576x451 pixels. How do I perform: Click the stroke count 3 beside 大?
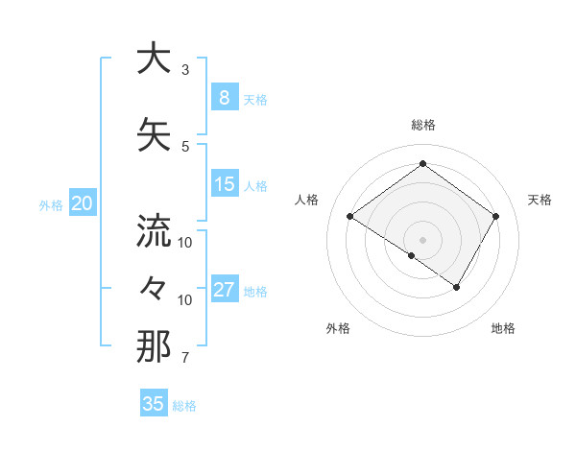[185, 70]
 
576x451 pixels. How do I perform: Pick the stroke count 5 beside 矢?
[185, 146]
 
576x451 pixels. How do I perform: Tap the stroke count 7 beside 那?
[185, 358]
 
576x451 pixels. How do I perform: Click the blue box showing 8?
[224, 98]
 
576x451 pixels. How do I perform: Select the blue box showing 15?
[224, 184]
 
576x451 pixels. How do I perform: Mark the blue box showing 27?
[224, 290]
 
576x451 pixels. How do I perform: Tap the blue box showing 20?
[83, 203]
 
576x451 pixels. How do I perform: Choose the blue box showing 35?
[153, 404]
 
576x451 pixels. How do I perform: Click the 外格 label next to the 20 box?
[51, 204]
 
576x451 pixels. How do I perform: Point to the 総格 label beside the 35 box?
[184, 406]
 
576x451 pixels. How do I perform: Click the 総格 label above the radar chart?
[423, 125]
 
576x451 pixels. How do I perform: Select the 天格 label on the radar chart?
[540, 200]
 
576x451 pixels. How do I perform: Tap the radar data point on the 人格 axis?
[350, 217]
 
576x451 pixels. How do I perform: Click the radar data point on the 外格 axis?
[412, 256]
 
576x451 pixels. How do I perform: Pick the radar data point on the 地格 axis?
[457, 287]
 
